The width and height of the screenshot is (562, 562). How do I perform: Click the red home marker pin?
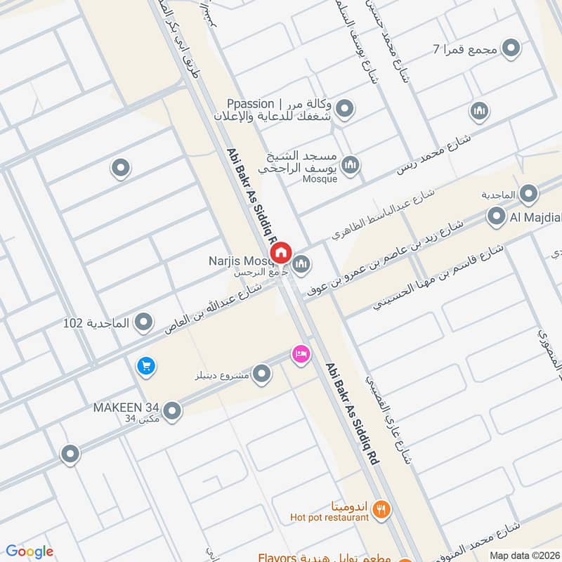point(281,251)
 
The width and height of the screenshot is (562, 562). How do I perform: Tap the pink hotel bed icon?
point(301,354)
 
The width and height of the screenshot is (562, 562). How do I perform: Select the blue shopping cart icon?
point(146,366)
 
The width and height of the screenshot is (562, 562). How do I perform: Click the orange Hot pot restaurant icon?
point(381,510)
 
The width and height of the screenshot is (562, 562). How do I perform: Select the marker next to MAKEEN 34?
point(172,411)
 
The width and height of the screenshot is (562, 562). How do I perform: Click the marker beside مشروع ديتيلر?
point(262,374)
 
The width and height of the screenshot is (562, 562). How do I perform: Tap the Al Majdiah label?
point(535,218)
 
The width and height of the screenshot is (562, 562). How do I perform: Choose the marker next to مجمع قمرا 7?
point(512,48)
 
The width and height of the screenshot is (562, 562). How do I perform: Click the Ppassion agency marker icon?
point(344,109)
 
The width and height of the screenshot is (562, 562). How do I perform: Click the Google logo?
point(29,551)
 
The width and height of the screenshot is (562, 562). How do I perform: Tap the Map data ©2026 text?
point(524,555)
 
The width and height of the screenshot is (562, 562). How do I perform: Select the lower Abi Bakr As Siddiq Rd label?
point(353,412)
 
